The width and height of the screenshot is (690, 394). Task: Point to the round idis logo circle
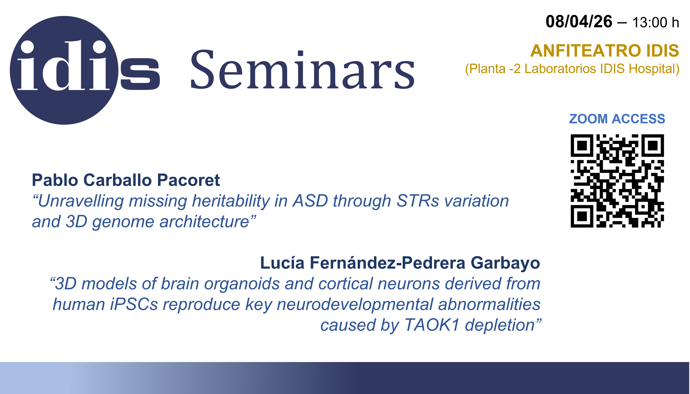pyautogui.click(x=64, y=70)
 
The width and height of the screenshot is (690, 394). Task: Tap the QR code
pyautogui.click(x=617, y=181)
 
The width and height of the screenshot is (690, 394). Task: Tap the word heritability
pyautogui.click(x=231, y=202)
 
